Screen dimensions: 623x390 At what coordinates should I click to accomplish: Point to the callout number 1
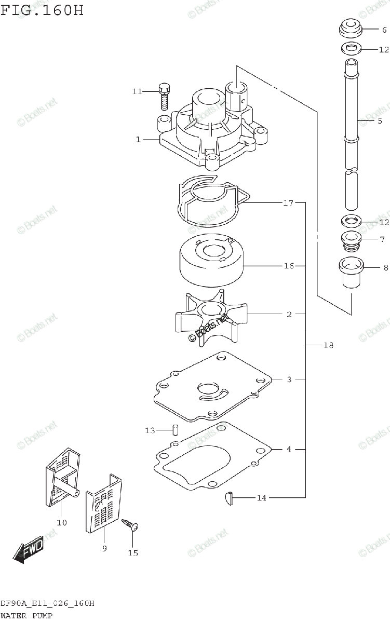(x=139, y=139)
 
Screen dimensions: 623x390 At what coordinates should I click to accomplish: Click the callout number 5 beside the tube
(x=380, y=120)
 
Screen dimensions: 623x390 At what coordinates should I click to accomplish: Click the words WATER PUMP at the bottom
(x=26, y=615)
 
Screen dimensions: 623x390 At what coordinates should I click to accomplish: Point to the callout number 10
(x=62, y=522)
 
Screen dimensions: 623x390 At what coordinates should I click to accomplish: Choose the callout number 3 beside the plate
(x=289, y=380)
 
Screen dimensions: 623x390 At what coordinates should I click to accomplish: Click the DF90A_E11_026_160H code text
(x=47, y=603)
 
